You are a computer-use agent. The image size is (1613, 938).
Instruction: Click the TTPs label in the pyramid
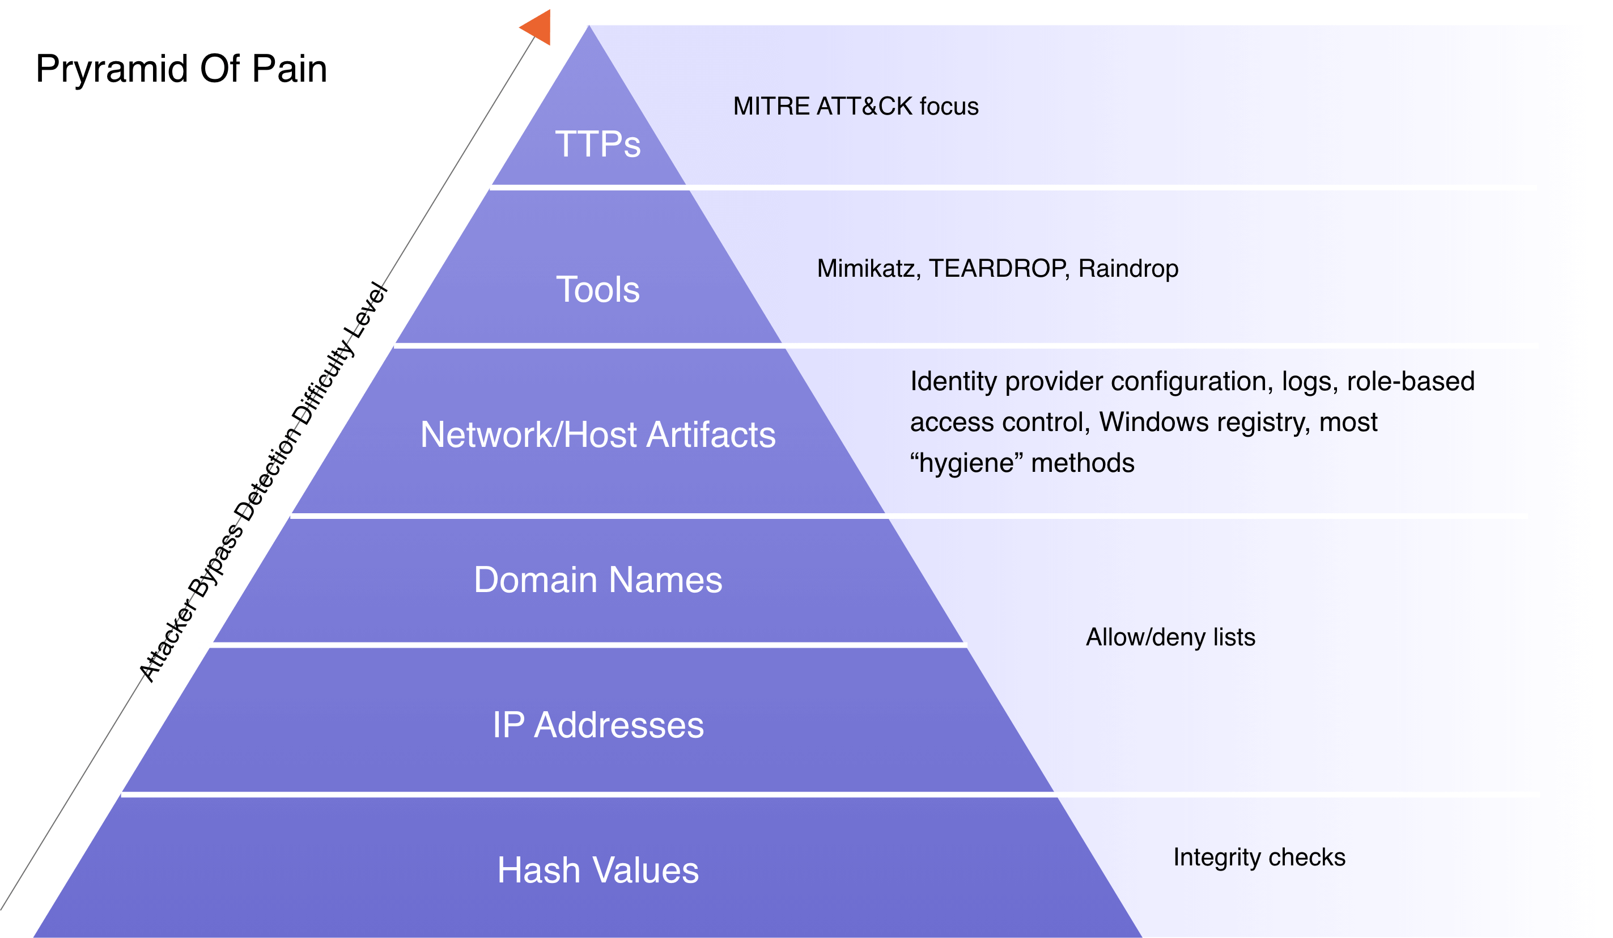pos(598,144)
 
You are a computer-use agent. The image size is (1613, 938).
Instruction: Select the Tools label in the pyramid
pos(598,289)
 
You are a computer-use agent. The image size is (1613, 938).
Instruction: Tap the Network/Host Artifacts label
pos(598,435)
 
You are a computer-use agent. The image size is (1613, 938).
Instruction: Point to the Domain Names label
pos(598,580)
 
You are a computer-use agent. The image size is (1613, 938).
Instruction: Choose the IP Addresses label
pos(598,725)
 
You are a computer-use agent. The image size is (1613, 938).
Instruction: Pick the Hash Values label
pos(598,871)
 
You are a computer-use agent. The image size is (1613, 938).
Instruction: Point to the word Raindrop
pos(1128,269)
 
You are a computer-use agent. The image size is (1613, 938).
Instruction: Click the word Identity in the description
pos(953,382)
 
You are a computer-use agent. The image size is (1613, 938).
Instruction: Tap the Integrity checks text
pos(1259,857)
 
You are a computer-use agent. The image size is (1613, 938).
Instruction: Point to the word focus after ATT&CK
pos(949,106)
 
